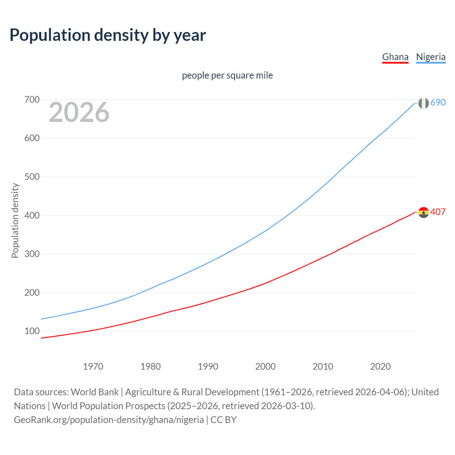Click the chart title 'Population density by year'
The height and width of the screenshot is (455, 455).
[108, 35]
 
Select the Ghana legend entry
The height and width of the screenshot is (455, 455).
[395, 57]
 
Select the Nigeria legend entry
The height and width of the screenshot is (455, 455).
[430, 57]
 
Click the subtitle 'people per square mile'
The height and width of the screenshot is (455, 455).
[227, 76]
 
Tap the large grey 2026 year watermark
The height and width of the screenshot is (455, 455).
[79, 112]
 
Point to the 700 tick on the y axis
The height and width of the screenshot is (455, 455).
[32, 100]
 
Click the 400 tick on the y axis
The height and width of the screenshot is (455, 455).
[32, 215]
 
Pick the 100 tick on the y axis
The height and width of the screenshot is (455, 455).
[32, 331]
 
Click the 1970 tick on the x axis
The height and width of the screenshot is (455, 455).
[93, 366]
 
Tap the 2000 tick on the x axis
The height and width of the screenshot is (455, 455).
[266, 366]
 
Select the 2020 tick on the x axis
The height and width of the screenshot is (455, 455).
[380, 366]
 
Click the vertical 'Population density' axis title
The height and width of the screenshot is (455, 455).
[15, 220]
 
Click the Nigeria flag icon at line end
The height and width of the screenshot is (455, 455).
[423, 103]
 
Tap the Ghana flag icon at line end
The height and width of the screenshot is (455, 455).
[423, 213]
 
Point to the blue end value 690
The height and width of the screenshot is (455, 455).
[438, 103]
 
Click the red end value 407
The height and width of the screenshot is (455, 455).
[438, 212]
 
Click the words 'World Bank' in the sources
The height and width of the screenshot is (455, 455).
[95, 392]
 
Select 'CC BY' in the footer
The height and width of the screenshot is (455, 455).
[224, 420]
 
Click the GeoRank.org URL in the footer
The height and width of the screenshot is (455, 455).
[109, 420]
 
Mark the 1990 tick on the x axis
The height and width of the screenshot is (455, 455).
[208, 366]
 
